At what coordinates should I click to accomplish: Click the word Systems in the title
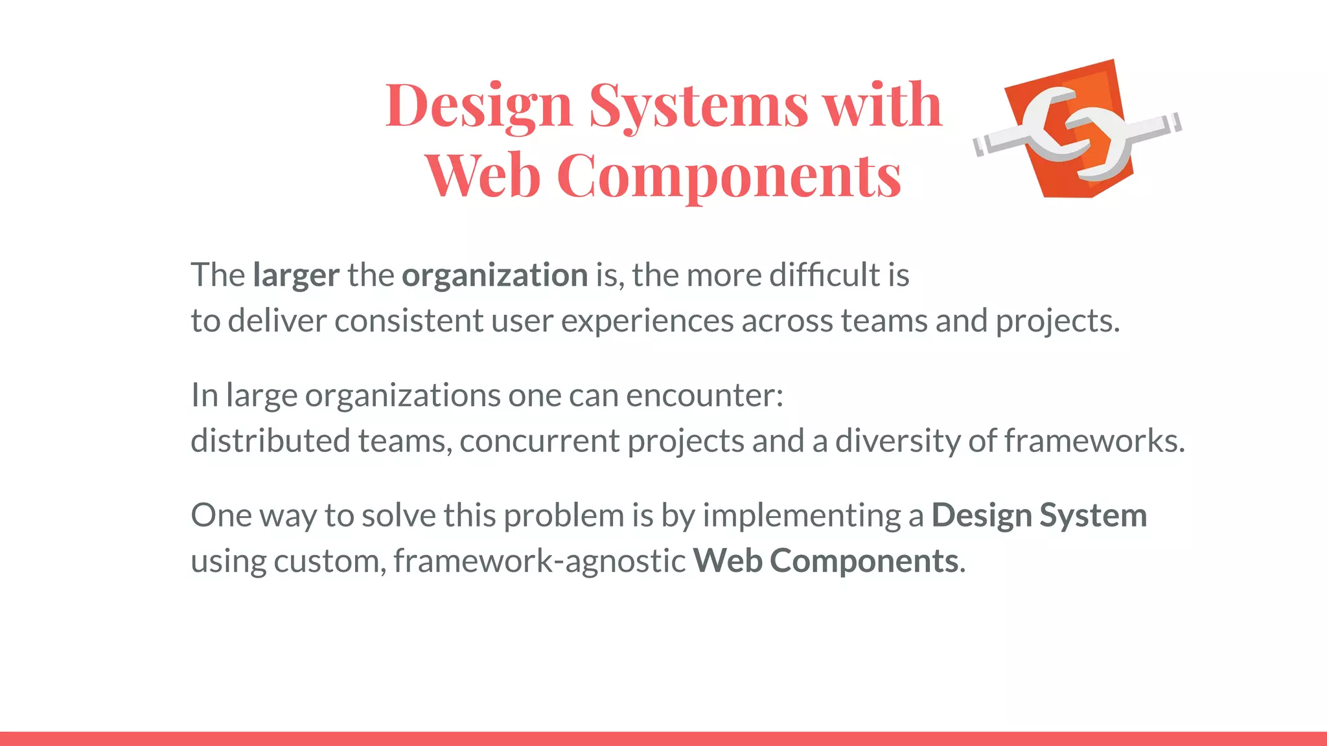click(x=698, y=106)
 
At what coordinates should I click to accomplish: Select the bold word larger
click(x=296, y=276)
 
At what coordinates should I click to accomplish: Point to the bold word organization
click(x=494, y=276)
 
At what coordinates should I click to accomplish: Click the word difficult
click(x=824, y=275)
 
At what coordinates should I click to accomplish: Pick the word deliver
click(x=277, y=321)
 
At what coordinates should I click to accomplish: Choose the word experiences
click(x=647, y=321)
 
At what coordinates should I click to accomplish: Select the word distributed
click(x=270, y=440)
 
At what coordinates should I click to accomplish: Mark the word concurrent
click(x=539, y=441)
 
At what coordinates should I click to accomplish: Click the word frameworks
click(x=1094, y=441)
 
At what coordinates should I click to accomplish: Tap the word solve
click(x=398, y=515)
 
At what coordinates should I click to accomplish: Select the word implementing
click(x=802, y=516)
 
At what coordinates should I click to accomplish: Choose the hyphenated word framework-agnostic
click(x=539, y=561)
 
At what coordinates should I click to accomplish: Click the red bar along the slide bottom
click(x=663, y=738)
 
